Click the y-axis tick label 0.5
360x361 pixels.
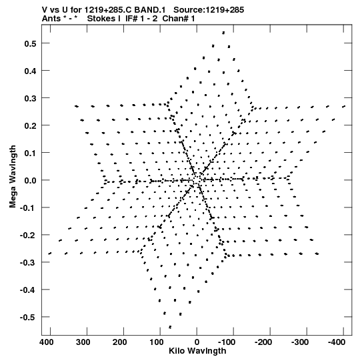pos(31,43)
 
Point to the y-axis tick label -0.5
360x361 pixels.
pos(28,317)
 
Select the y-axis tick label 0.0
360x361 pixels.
pos(31,180)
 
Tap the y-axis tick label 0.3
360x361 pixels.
pos(31,98)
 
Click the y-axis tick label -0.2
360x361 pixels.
pos(28,235)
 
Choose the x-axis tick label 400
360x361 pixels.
pos(47,342)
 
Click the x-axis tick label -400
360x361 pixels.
pos(336,342)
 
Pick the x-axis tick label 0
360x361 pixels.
pos(197,342)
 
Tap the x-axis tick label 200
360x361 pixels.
pos(120,342)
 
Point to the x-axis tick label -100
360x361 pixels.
pos(227,342)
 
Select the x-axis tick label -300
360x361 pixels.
pos(300,342)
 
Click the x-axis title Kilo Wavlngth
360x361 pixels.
pos(197,351)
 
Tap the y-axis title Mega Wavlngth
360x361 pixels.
pos(13,177)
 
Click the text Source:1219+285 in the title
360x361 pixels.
pos(209,10)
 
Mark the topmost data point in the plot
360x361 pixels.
pos(223,33)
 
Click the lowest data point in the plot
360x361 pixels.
pos(170,327)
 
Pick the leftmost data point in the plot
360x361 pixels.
pos(50,254)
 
